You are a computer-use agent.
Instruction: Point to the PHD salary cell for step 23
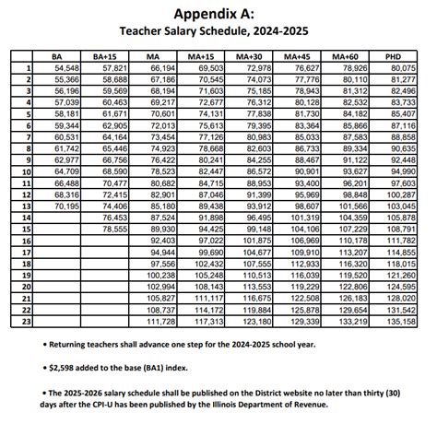(x=401, y=322)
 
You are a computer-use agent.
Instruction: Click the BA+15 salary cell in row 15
(x=115, y=230)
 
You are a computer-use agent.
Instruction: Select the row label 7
(x=29, y=137)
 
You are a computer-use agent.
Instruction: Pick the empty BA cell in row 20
(x=61, y=287)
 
